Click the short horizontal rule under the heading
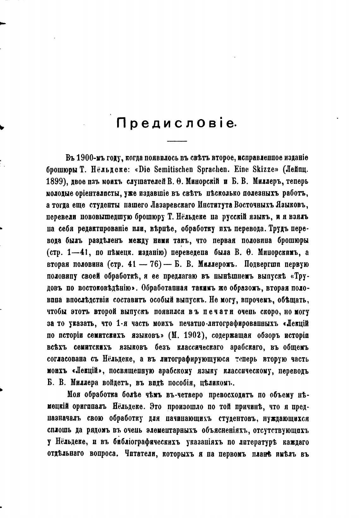[177, 141]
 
